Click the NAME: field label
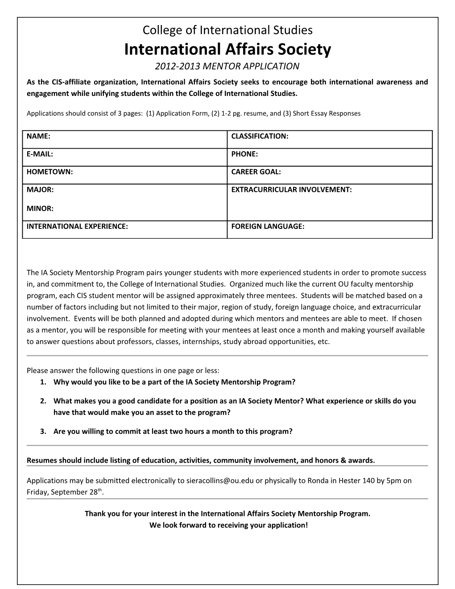tap(38, 136)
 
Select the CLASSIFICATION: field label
tap(260, 136)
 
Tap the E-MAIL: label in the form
tap(40, 154)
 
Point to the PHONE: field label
tap(244, 154)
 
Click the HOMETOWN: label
tap(50, 172)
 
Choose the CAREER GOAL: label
tap(256, 172)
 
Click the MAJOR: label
tap(40, 190)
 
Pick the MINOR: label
tap(40, 208)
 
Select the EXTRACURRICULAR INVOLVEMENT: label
tap(291, 190)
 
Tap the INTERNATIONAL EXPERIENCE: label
tap(77, 226)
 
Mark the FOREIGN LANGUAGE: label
tap(268, 226)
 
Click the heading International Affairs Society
tap(227, 49)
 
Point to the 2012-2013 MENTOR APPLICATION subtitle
tap(227, 66)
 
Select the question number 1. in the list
tap(43, 382)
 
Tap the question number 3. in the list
tap(43, 431)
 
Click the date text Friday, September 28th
tap(67, 492)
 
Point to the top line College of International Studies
tap(227, 30)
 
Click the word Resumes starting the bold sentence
tap(41, 460)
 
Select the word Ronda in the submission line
tap(313, 481)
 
